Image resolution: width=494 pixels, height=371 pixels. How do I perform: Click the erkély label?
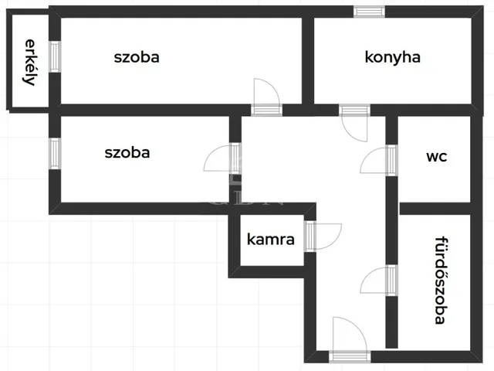[29, 62]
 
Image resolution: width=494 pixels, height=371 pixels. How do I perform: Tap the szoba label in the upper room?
[137, 57]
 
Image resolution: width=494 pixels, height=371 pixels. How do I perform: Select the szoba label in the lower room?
[127, 152]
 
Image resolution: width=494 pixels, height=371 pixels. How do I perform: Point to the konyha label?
[392, 57]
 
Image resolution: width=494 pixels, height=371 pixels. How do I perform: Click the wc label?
[436, 155]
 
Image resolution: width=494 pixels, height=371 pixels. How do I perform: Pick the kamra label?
[270, 239]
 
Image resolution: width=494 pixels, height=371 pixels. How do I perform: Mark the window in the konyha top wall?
[369, 11]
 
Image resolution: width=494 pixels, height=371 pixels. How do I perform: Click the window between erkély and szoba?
[55, 56]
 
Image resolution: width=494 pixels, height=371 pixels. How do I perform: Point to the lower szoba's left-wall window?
[55, 151]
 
